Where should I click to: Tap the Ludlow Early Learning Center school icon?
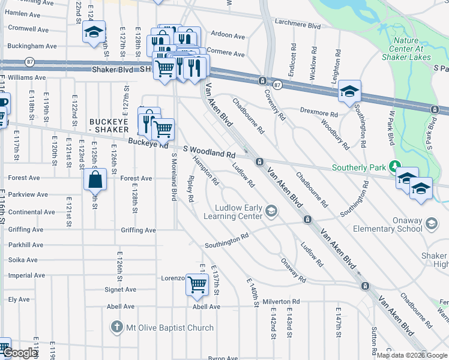(272, 210)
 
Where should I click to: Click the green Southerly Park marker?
(394, 166)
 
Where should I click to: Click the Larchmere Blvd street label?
(298, 26)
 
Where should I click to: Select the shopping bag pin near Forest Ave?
(95, 179)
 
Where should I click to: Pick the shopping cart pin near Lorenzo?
(197, 284)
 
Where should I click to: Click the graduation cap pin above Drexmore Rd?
(349, 91)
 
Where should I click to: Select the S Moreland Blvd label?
(174, 177)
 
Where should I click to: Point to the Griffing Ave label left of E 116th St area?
(26, 230)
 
